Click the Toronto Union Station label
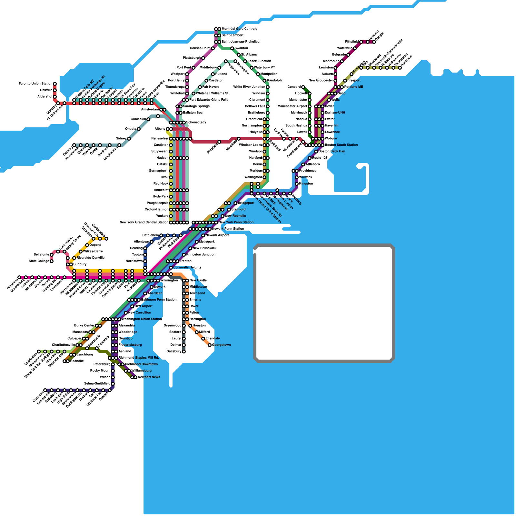tap(35, 84)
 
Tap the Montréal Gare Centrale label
tap(239, 29)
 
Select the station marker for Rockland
tap(400, 68)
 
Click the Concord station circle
tap(303, 87)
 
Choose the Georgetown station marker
tap(210, 345)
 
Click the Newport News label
tap(149, 377)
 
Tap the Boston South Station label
tap(341, 145)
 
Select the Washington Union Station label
tap(142, 319)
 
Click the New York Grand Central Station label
tap(144, 223)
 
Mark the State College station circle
tap(52, 261)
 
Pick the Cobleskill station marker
tap(148, 119)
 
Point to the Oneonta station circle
tap(139, 129)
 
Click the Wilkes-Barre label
tap(93, 252)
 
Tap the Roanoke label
tap(77, 361)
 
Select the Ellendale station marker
tap(203, 339)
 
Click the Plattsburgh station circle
tap(203, 58)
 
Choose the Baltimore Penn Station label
tap(159, 300)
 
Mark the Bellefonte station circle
tap(52, 255)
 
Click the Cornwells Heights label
tap(187, 268)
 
